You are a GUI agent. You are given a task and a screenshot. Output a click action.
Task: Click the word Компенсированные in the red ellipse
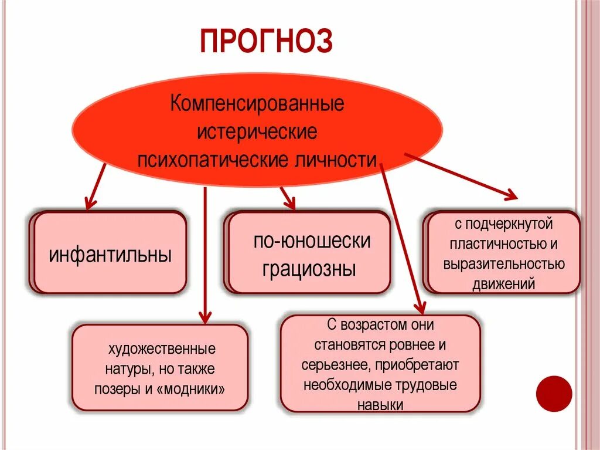(x=257, y=106)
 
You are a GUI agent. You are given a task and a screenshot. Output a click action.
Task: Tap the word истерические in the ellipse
(x=257, y=132)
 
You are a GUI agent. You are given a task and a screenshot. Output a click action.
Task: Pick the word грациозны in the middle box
(x=309, y=269)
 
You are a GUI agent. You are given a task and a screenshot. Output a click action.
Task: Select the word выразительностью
(x=504, y=264)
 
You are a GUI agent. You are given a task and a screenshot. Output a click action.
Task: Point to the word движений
(x=504, y=285)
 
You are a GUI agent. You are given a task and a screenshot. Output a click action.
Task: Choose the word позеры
(x=116, y=390)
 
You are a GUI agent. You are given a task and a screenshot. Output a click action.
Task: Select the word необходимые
(x=338, y=385)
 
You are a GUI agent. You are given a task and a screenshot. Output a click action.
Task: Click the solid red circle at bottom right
(x=554, y=394)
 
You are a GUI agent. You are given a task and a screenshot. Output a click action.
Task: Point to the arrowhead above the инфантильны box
(x=89, y=204)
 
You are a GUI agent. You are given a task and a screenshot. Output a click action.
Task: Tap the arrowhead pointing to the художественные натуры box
(x=204, y=317)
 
